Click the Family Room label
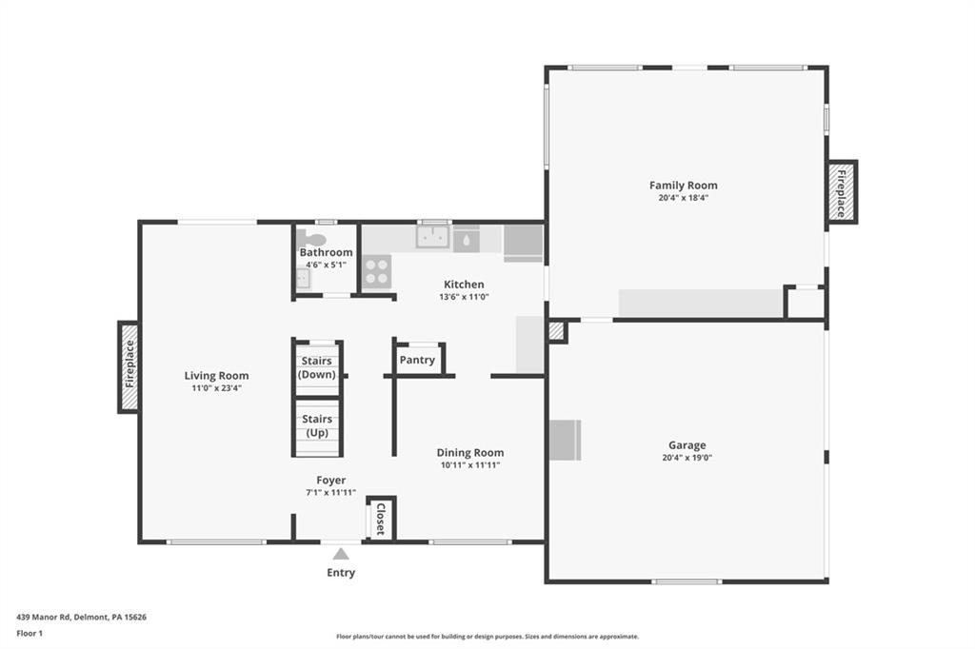click(x=683, y=186)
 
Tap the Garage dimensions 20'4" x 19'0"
click(x=686, y=458)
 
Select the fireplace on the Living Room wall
click(x=129, y=367)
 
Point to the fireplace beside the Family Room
click(x=842, y=192)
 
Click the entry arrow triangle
click(x=341, y=553)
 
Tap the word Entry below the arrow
click(x=341, y=573)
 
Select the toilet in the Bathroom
click(x=311, y=240)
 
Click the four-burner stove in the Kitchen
click(x=377, y=271)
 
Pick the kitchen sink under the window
click(x=432, y=237)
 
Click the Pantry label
click(x=417, y=360)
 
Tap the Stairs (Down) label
click(x=317, y=367)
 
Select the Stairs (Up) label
click(x=317, y=425)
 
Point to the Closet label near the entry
click(x=380, y=519)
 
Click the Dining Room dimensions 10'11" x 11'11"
click(x=470, y=465)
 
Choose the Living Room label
click(x=216, y=376)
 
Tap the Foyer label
click(x=331, y=481)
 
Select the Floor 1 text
click(x=30, y=633)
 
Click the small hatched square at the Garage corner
click(x=557, y=331)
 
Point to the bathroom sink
click(x=302, y=278)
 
